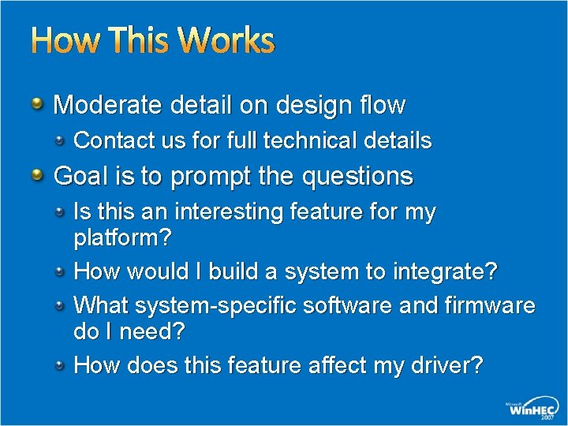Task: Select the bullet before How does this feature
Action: coord(60,365)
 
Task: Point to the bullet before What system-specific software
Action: coord(60,305)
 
